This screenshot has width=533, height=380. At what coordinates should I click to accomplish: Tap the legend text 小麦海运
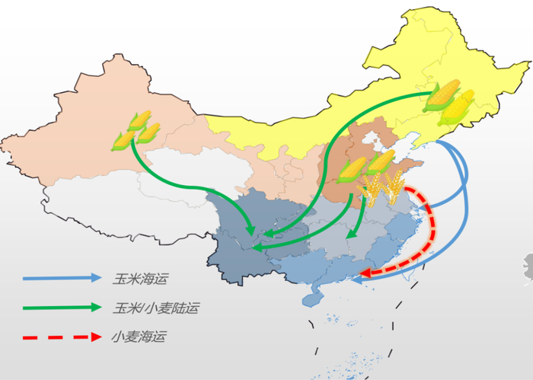coord(138,336)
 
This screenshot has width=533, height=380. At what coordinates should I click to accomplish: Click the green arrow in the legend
coord(61,308)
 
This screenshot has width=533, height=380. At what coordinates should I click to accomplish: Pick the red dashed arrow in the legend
coord(61,336)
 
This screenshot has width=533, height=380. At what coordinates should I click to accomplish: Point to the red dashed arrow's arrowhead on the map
coord(365,273)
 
